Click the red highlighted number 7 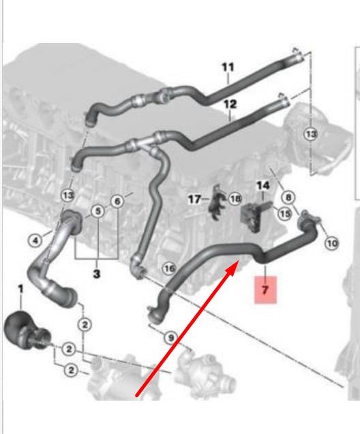(265, 290)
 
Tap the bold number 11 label (228, 67)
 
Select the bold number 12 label (230, 104)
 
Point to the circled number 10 (332, 243)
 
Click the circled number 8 (288, 198)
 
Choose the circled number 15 (285, 214)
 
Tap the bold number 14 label (262, 185)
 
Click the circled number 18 (235, 199)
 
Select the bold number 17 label (194, 199)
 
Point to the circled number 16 (170, 268)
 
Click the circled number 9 (171, 338)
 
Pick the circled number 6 (117, 201)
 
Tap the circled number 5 (98, 211)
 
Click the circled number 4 (35, 241)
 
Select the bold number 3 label (96, 274)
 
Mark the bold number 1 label (20, 290)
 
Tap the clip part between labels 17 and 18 (217, 202)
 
